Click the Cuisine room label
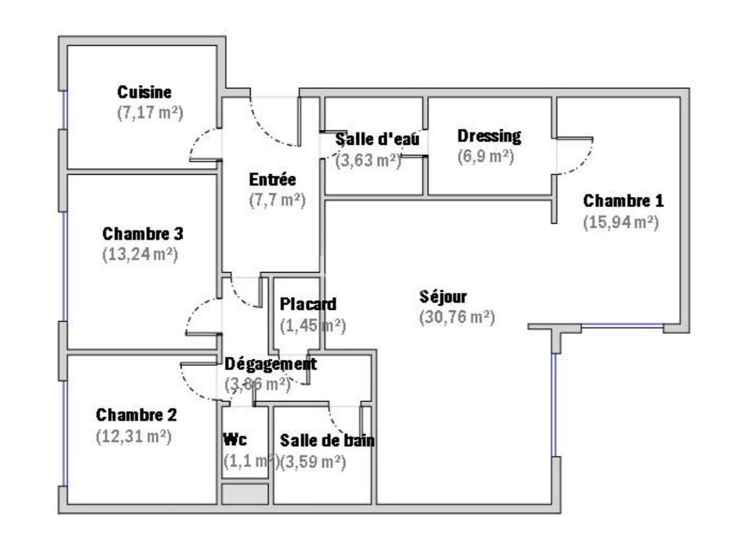point(145,93)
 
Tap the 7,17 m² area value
point(149,113)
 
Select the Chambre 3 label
point(143,234)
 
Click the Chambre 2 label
point(136,416)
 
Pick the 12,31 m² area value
point(133,437)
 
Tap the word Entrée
point(272,180)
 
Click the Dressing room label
point(489,136)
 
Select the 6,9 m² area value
point(486,157)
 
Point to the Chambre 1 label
point(623,201)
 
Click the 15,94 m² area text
point(620,222)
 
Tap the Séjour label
point(443,297)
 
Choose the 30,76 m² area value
point(457,317)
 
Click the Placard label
point(308,304)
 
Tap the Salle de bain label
point(327,440)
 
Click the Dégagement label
point(271,364)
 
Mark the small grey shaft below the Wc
point(245,495)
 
